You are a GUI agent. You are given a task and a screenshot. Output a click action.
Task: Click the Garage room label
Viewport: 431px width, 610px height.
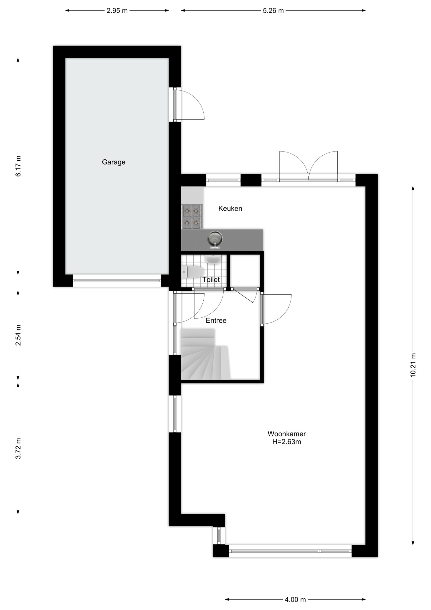point(114,162)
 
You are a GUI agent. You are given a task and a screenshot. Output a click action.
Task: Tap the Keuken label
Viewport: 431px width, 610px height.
point(230,208)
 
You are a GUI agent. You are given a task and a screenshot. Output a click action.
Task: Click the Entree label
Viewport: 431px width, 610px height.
point(216,321)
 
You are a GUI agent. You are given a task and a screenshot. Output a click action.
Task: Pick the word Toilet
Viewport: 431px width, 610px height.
point(211,280)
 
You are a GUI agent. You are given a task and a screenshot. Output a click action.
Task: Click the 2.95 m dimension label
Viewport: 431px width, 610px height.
point(117,11)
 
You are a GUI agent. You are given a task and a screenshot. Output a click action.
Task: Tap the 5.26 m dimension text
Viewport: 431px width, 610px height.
point(273,11)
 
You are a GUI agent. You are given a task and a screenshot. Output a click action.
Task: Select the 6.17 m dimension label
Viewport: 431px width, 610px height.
point(18,166)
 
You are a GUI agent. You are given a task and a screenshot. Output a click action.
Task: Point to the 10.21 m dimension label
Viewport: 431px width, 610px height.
point(413,365)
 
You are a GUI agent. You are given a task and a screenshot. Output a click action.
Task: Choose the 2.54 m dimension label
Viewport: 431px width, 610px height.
point(18,335)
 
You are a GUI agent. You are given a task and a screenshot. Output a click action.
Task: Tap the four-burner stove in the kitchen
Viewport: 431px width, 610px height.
point(191,217)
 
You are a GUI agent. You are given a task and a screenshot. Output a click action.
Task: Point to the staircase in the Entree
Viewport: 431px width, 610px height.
point(205,354)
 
